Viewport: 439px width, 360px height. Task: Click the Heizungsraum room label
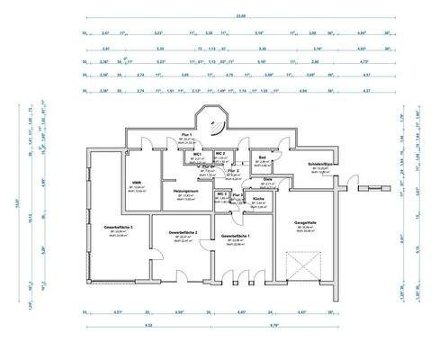[185, 190]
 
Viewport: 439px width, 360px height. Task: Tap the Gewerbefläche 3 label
[118, 228]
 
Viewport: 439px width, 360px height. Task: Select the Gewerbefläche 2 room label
[182, 232]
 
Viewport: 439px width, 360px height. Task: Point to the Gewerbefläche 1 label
[237, 236]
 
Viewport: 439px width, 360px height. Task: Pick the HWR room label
[138, 183]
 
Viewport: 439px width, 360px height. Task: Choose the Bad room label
[263, 158]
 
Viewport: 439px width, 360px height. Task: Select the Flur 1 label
[189, 135]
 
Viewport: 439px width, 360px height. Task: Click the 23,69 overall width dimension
[215, 16]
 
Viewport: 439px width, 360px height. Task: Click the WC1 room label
[196, 154]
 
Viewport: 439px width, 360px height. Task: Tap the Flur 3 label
[237, 193]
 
